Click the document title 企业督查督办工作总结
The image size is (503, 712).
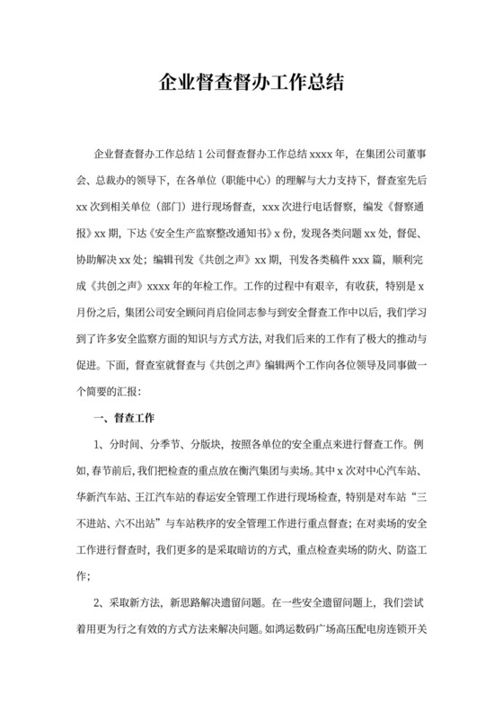pos(251,84)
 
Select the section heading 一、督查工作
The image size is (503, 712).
pos(125,418)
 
